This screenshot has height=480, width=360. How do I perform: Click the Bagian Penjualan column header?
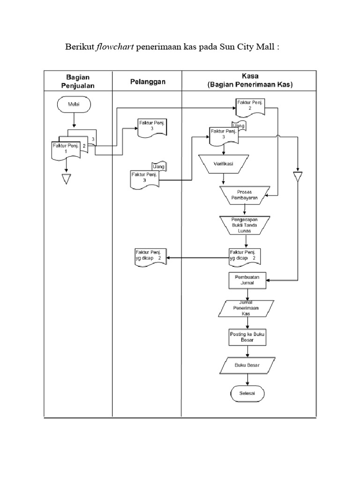78,81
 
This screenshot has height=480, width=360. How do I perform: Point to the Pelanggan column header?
147,82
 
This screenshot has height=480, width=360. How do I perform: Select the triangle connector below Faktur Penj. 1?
66,179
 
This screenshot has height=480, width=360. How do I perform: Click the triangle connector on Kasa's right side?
297,177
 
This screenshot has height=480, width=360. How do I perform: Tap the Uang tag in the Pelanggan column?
159,166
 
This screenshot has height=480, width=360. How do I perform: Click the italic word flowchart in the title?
115,48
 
